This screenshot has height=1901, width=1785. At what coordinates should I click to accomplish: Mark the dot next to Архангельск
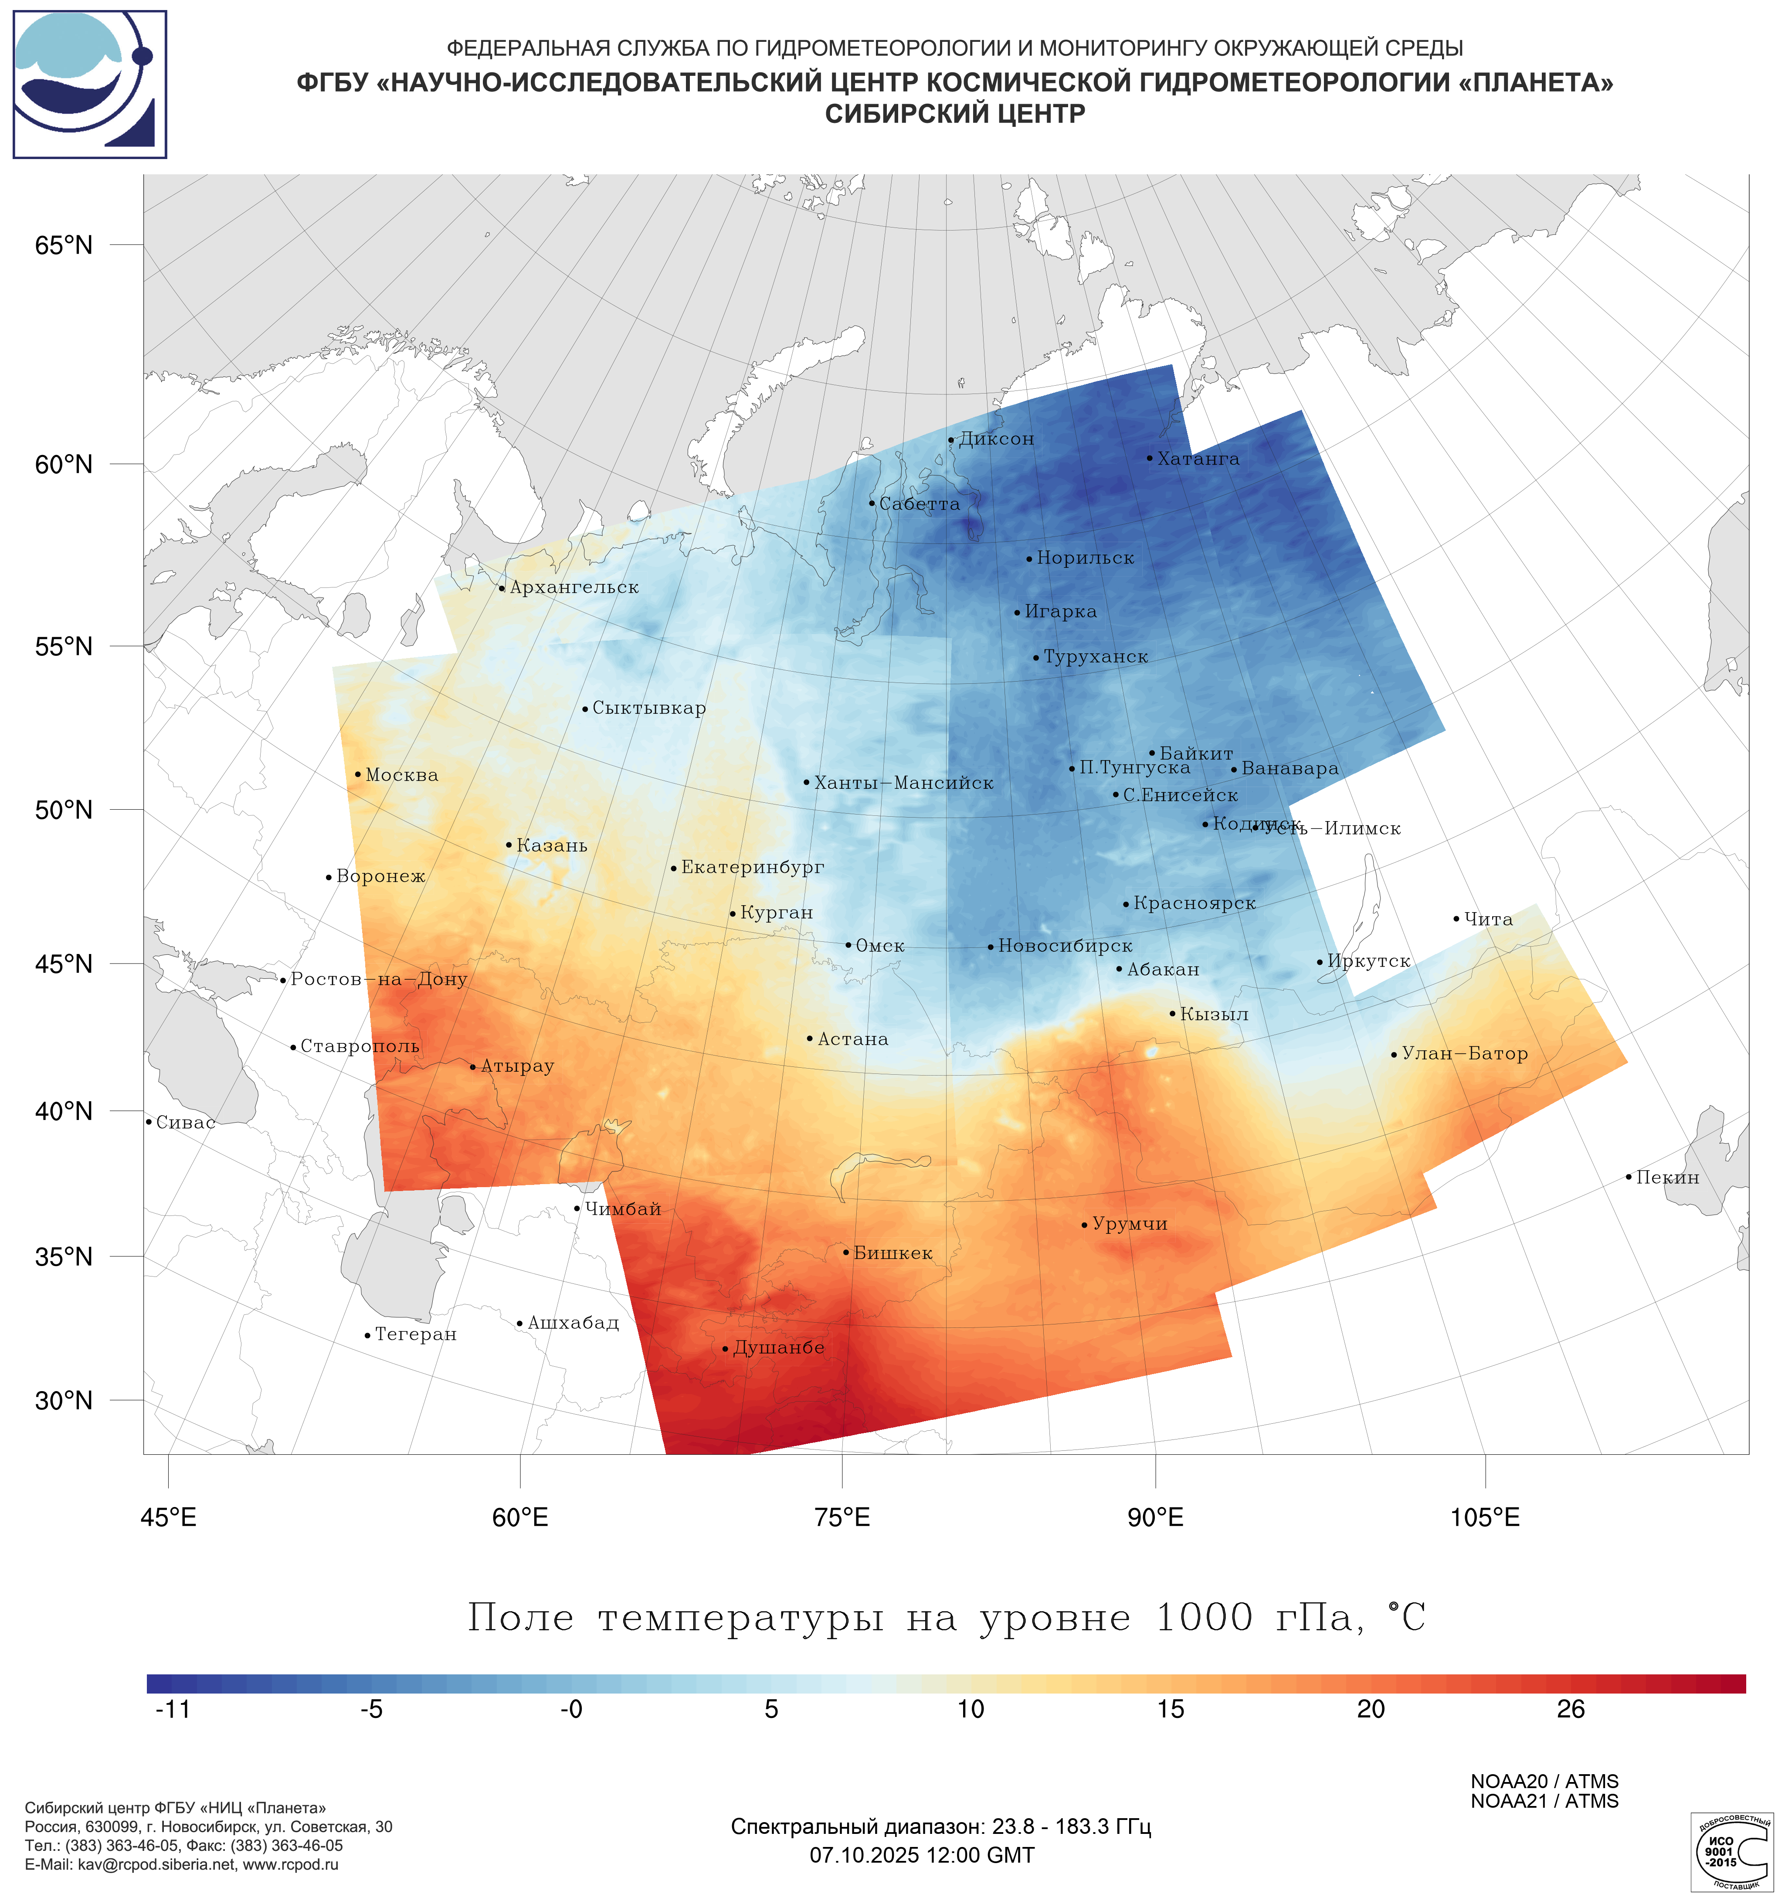(x=502, y=588)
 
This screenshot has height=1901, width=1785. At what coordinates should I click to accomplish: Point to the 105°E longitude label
(x=1485, y=1517)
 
